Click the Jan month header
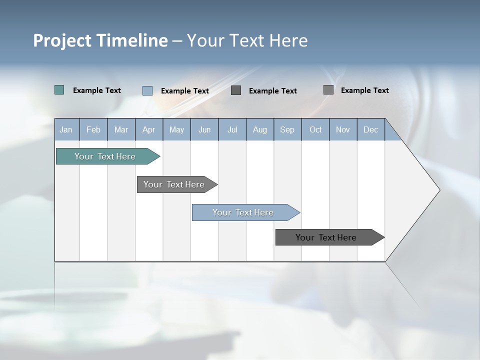coord(66,129)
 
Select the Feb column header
coord(93,129)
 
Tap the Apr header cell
coord(149,129)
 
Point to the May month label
coord(176,129)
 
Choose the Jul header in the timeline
coord(232,129)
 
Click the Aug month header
coord(260,129)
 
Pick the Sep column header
coord(287,129)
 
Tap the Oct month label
coord(315,129)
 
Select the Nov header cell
coord(343,129)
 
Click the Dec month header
coord(371,129)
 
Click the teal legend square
coord(59,90)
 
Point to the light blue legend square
coord(147,90)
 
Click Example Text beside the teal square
coord(97,90)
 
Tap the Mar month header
coord(121,129)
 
